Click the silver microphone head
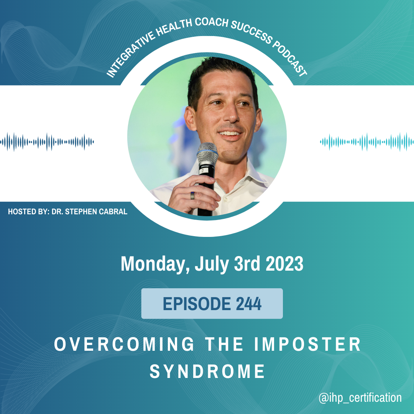207,153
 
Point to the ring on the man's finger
193,195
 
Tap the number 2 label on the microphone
203,171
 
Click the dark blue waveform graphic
47,142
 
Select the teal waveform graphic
367,142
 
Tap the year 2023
284,263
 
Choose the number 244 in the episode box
248,304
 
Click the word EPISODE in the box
197,304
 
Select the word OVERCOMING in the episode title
124,344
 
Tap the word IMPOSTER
307,344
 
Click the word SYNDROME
207,371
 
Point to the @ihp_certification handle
360,398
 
